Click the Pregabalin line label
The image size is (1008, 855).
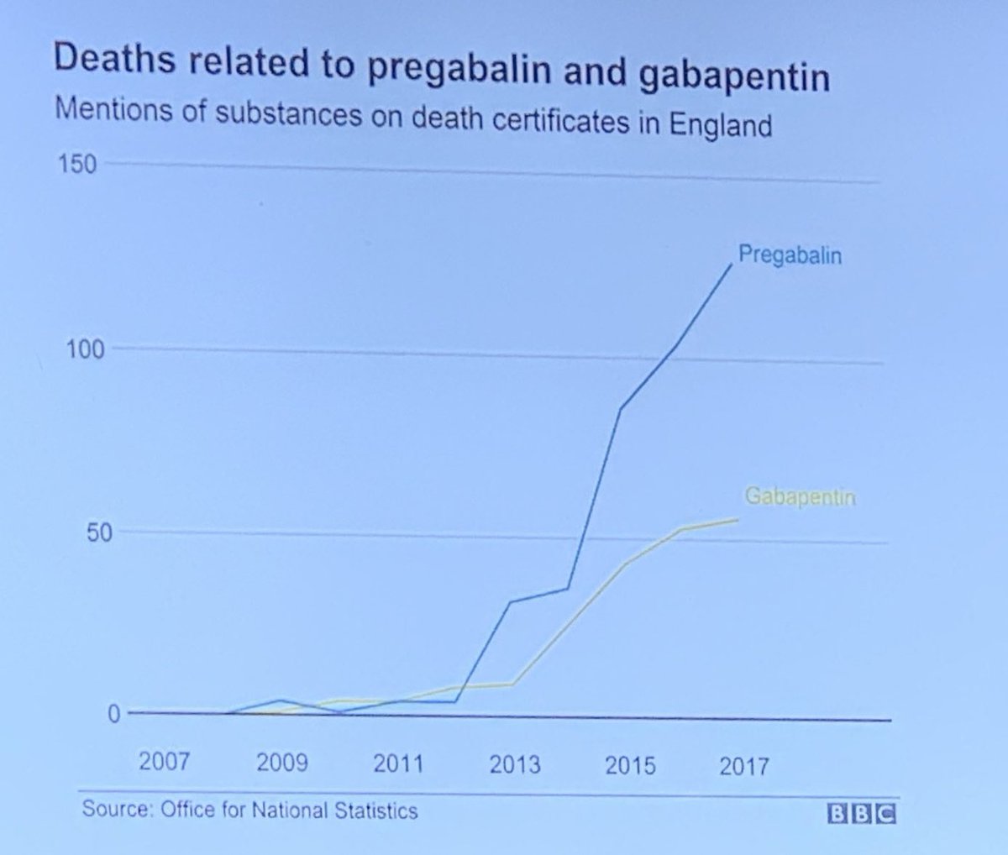click(x=790, y=254)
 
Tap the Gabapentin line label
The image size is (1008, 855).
click(x=800, y=497)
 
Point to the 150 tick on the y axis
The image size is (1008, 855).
click(x=77, y=163)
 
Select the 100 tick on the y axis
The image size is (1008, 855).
click(x=86, y=349)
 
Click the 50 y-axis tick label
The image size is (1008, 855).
click(x=97, y=532)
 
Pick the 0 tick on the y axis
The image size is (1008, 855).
click(x=113, y=714)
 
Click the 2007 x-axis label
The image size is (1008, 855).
click(x=165, y=763)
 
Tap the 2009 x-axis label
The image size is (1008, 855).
click(x=281, y=763)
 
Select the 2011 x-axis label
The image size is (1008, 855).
click(x=398, y=764)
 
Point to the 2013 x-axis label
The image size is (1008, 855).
click(x=514, y=765)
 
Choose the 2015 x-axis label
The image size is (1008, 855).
click(x=630, y=766)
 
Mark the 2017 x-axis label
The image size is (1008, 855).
click(x=744, y=767)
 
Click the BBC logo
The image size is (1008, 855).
click(x=862, y=815)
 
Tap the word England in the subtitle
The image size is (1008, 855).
click(x=720, y=124)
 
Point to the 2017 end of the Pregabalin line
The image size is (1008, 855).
click(x=732, y=265)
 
